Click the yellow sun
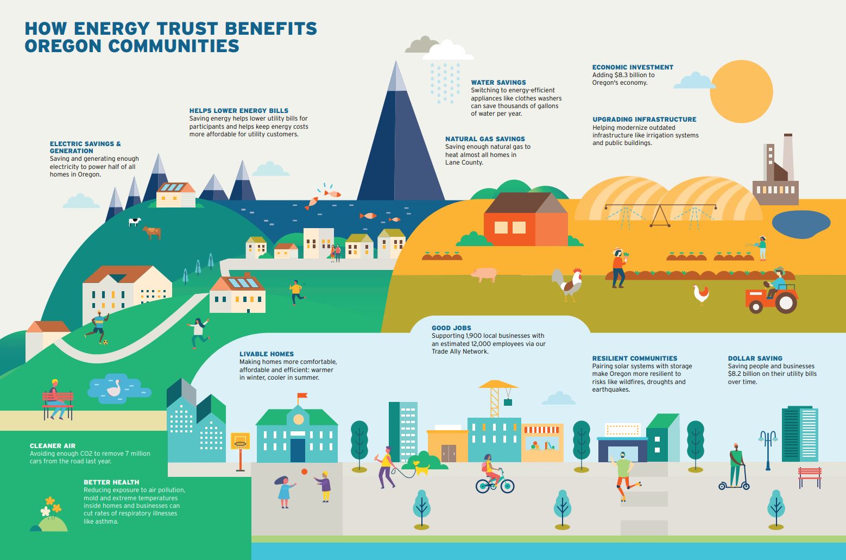741,91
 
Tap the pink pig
484,274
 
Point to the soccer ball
105,342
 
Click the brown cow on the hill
152,232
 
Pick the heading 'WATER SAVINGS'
498,83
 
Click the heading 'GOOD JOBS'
452,328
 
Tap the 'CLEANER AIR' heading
53,446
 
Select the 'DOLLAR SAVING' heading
755,358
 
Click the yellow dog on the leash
421,467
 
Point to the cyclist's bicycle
494,483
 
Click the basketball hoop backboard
240,441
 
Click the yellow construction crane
495,397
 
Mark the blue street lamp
768,448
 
